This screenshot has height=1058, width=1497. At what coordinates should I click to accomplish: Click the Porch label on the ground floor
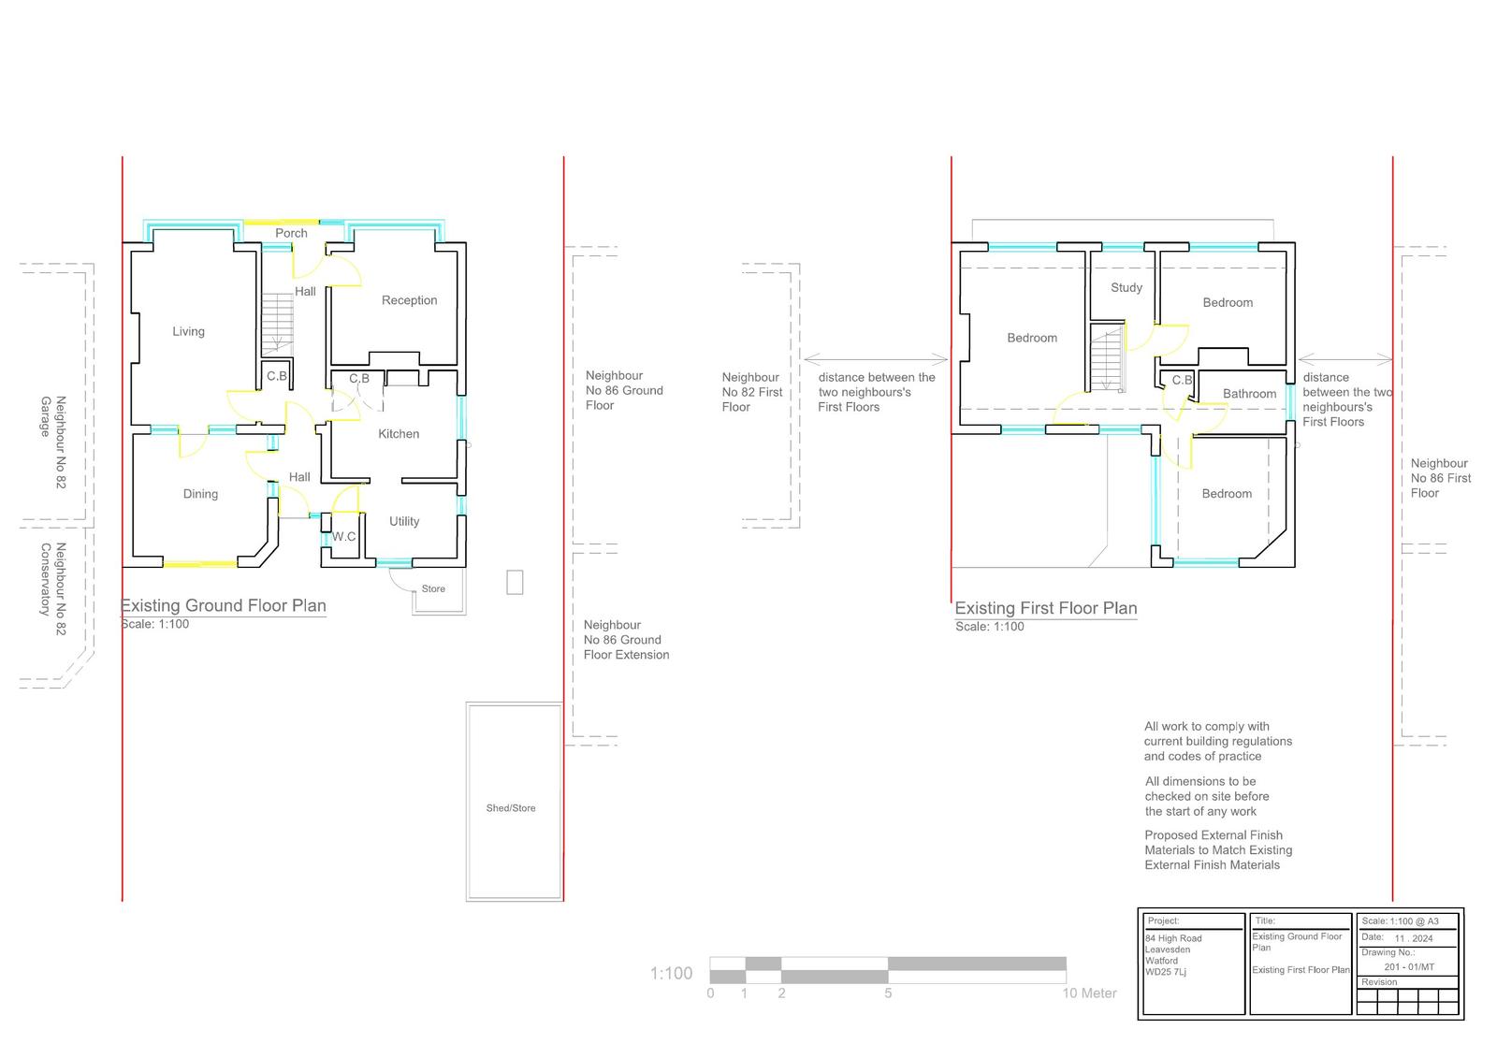click(x=291, y=233)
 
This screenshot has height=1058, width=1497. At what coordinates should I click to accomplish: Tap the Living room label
click(x=188, y=331)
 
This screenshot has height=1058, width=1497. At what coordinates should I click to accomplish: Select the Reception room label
click(x=409, y=301)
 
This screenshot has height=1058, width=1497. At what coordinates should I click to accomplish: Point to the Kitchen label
click(x=399, y=434)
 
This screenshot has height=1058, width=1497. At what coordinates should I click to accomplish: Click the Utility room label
click(x=404, y=521)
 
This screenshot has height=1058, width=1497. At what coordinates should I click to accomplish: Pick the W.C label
click(x=343, y=537)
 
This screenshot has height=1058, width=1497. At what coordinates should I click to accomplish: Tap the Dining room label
click(x=200, y=494)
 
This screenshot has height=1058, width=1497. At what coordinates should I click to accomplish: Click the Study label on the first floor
click(x=1126, y=288)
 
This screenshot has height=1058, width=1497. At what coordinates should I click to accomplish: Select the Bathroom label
click(x=1249, y=395)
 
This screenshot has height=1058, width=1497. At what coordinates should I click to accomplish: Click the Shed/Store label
click(x=511, y=808)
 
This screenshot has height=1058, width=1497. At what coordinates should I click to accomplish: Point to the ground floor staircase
click(x=277, y=324)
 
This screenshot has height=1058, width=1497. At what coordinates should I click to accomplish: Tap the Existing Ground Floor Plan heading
click(x=224, y=605)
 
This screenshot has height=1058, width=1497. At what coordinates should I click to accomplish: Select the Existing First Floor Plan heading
click(x=1046, y=608)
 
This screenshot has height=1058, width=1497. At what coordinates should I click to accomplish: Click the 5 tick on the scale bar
click(x=888, y=993)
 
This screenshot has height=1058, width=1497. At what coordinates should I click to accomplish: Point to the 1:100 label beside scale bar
click(x=671, y=973)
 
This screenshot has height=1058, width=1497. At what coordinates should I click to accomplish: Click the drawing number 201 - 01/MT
click(x=1409, y=967)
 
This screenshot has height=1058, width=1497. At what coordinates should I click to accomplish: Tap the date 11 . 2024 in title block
click(x=1414, y=938)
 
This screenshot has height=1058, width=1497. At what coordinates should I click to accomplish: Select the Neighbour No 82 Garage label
click(x=52, y=442)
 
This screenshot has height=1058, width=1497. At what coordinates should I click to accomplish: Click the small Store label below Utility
click(x=433, y=588)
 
